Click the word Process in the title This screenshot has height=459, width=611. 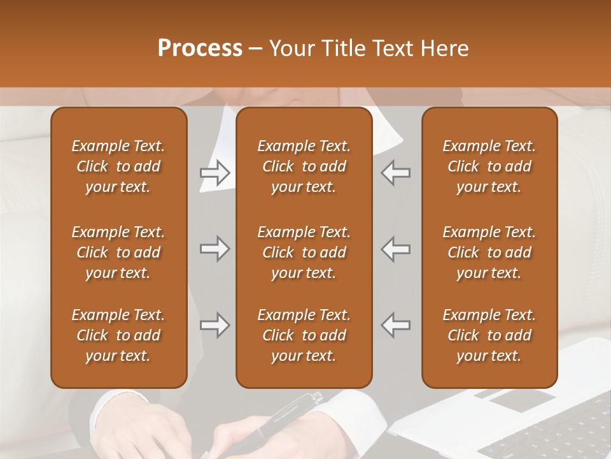pyautogui.click(x=200, y=48)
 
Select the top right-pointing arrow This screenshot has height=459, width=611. pyautogui.click(x=214, y=172)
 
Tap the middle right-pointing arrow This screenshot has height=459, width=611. pyautogui.click(x=214, y=249)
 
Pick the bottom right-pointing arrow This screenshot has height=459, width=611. pyautogui.click(x=214, y=325)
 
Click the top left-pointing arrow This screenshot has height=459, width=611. pyautogui.click(x=395, y=172)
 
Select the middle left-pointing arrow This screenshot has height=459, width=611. pyautogui.click(x=395, y=249)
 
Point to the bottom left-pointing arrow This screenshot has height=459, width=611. pyautogui.click(x=395, y=325)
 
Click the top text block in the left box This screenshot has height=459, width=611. pyautogui.click(x=118, y=166)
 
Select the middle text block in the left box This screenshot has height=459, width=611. pyautogui.click(x=118, y=252)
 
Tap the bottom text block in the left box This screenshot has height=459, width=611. pyautogui.click(x=118, y=335)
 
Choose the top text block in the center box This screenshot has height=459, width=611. pyautogui.click(x=304, y=166)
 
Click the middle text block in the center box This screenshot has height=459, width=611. pyautogui.click(x=304, y=252)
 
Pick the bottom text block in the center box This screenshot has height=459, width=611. pyautogui.click(x=304, y=335)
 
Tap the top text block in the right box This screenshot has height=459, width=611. pyautogui.click(x=489, y=166)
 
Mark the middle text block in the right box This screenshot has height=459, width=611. pyautogui.click(x=489, y=252)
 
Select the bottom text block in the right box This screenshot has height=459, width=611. pyautogui.click(x=489, y=335)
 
